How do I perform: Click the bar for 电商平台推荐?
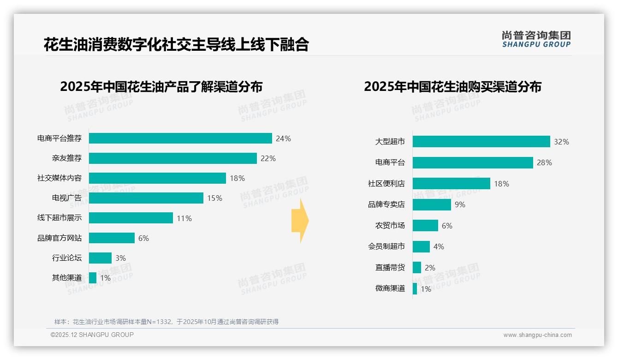click(x=180, y=138)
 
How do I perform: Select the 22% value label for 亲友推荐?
click(x=268, y=158)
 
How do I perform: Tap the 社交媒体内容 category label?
click(x=59, y=178)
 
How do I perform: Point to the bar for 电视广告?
click(x=146, y=198)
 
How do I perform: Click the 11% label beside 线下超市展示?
click(x=184, y=218)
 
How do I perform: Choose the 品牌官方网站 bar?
click(x=112, y=238)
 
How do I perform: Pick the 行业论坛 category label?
click(x=67, y=258)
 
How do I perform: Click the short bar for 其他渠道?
click(x=93, y=278)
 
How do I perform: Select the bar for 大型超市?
click(x=481, y=141)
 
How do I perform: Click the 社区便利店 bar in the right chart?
click(x=451, y=184)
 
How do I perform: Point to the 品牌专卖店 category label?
click(x=386, y=204)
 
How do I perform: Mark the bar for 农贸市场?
click(x=425, y=226)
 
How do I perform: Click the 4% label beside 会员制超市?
click(x=439, y=247)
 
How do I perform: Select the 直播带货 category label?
click(x=390, y=268)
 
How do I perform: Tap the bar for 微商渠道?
click(x=415, y=289)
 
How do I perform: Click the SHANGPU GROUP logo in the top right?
click(x=536, y=39)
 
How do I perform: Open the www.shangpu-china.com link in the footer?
click(x=537, y=335)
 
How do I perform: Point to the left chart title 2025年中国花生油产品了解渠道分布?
click(x=161, y=87)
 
